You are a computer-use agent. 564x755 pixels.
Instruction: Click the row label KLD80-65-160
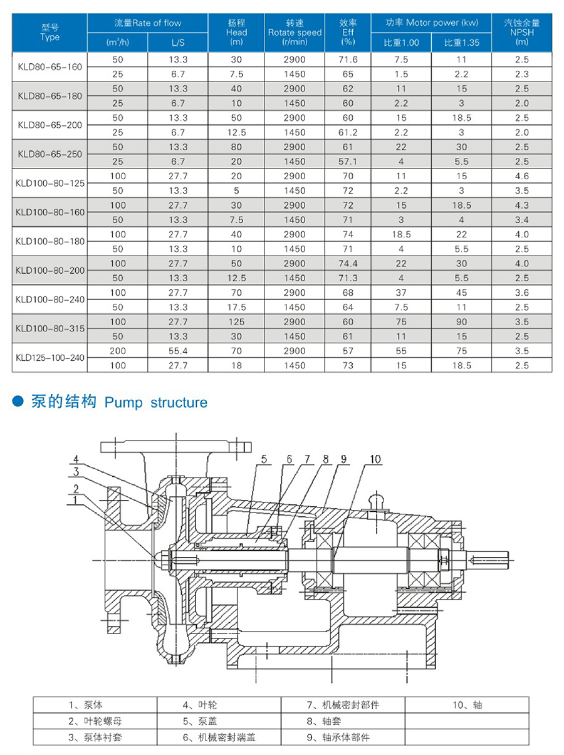(x=50, y=67)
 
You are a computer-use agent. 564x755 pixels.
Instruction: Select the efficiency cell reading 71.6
(x=348, y=60)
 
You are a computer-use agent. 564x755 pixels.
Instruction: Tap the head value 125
(x=236, y=321)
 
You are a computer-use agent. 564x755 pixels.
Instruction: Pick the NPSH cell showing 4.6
(x=521, y=176)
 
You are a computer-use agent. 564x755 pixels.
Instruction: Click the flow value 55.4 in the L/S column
(x=178, y=351)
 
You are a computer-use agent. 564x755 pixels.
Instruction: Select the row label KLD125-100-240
(x=50, y=358)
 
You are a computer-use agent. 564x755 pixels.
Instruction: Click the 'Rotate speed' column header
(x=295, y=32)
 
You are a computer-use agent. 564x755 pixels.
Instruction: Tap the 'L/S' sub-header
(x=178, y=43)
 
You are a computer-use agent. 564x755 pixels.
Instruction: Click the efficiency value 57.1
(x=348, y=162)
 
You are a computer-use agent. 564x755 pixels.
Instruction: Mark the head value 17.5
(x=236, y=307)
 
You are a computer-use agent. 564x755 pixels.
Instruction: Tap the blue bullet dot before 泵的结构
(x=18, y=402)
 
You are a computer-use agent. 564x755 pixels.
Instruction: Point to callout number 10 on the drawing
(x=375, y=459)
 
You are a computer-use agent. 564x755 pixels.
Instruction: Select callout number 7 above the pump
(x=307, y=459)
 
